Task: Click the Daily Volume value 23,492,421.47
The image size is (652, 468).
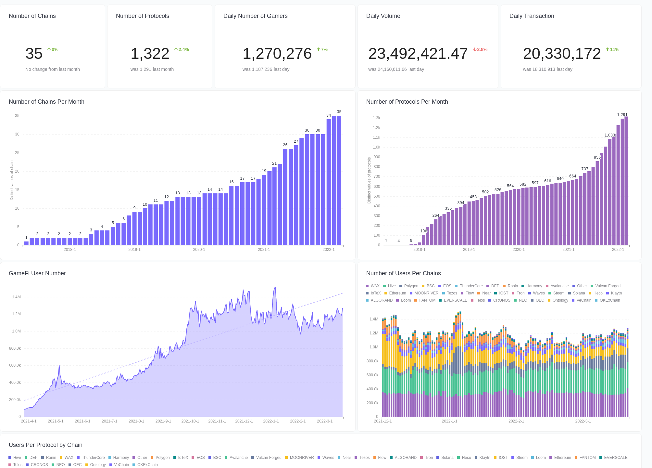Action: point(418,54)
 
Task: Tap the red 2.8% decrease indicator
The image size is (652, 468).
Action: point(480,49)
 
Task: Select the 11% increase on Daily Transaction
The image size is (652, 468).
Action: point(612,49)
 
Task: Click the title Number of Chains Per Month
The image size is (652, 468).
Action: point(46,102)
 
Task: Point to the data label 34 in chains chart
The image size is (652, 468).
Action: point(329,115)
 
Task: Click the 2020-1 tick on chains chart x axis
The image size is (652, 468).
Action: point(199,250)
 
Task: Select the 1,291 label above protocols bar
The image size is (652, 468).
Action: point(622,115)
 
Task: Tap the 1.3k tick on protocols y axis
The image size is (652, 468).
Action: point(376,118)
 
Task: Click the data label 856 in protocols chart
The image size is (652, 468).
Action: point(597,157)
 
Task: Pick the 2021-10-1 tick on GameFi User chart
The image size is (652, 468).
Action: point(190,421)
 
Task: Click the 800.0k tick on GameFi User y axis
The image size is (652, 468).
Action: point(15,348)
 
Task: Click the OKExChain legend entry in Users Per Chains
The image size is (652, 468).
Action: point(609,300)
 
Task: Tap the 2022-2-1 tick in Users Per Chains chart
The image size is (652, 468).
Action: point(516,421)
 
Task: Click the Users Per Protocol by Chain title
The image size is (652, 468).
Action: point(45,445)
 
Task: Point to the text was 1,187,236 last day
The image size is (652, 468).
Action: point(266,69)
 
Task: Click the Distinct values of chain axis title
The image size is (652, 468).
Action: point(12,180)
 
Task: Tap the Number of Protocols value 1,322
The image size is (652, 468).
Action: point(150,54)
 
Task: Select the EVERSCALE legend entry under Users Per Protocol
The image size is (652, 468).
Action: point(615,458)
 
